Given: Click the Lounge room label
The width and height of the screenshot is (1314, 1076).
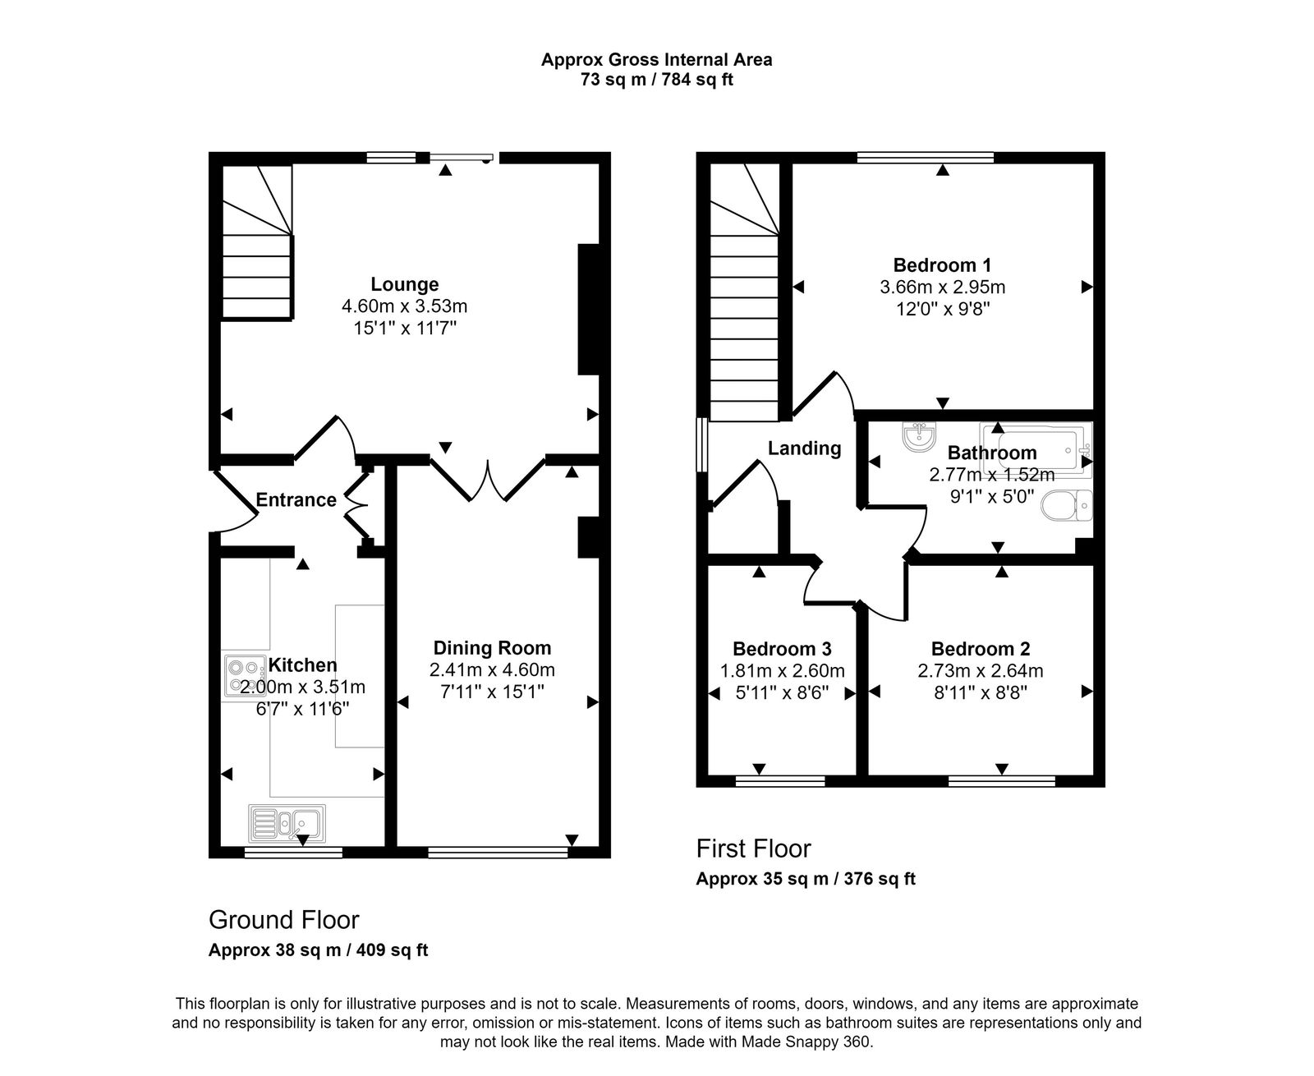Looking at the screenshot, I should [404, 284].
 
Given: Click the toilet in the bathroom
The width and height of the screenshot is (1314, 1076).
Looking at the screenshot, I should [1067, 505].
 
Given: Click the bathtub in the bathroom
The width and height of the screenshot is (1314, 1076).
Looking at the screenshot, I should [1035, 448].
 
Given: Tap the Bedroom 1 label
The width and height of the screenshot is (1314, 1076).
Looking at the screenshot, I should [942, 265].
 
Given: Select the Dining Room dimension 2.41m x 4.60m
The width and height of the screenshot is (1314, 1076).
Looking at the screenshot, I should [492, 670].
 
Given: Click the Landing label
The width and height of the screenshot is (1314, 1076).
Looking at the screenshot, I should [804, 448].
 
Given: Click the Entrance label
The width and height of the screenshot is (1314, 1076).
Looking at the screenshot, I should [296, 500].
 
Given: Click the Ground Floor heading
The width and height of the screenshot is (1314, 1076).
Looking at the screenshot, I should [283, 919].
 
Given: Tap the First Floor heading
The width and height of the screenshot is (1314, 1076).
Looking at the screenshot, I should [753, 848].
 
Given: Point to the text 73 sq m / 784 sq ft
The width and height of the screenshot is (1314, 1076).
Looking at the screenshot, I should [656, 80].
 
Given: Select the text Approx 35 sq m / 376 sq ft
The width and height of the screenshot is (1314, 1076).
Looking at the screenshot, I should [805, 879].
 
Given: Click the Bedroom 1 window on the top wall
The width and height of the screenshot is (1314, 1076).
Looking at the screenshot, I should [925, 157].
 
